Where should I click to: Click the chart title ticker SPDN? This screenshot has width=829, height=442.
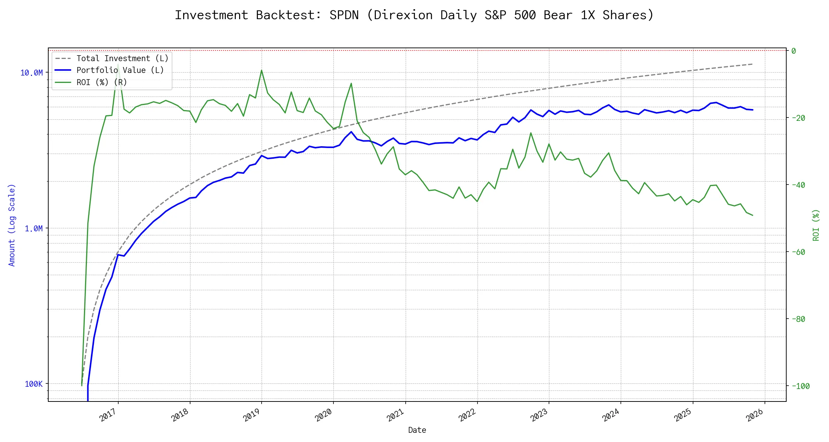[x=344, y=15]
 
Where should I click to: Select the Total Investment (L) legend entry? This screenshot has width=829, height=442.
[x=122, y=58]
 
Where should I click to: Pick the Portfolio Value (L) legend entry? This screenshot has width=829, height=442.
[x=120, y=70]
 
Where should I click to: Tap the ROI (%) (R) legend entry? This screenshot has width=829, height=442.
[x=101, y=82]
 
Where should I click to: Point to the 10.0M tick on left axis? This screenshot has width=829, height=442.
[x=32, y=73]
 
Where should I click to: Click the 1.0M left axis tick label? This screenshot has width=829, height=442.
[x=34, y=229]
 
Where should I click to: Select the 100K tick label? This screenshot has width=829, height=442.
[x=34, y=384]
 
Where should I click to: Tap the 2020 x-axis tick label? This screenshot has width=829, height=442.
[x=324, y=415]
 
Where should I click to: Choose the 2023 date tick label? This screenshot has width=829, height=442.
[x=539, y=415]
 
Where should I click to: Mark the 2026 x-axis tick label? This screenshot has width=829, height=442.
[x=755, y=415]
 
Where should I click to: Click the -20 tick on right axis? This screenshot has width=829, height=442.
[x=798, y=118]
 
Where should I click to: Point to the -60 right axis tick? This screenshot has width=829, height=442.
[x=798, y=252]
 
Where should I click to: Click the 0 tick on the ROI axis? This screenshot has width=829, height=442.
[x=794, y=51]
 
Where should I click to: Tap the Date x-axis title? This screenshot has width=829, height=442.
[x=417, y=430]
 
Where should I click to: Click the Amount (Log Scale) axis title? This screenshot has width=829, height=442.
[x=12, y=225]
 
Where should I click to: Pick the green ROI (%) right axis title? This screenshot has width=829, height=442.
[x=816, y=225]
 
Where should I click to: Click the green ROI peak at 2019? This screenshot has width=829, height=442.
[x=262, y=70]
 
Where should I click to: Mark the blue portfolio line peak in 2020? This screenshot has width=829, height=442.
[x=351, y=132]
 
